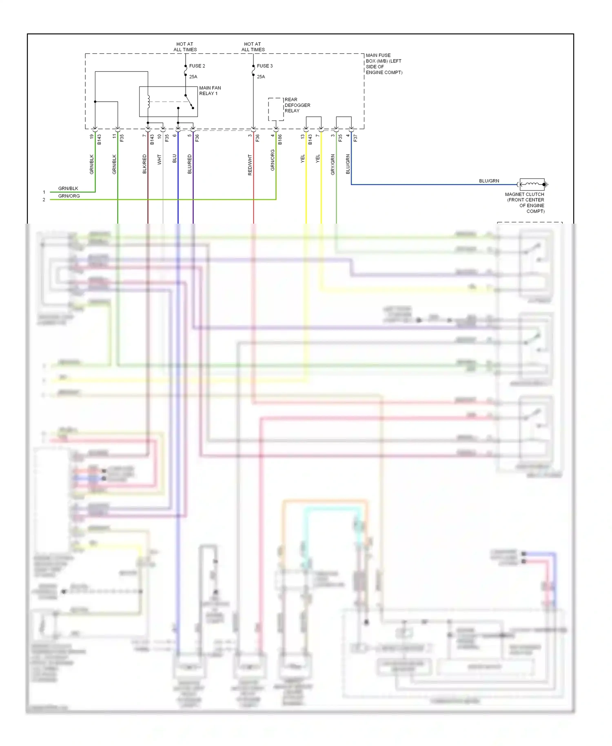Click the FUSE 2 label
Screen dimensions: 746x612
(197, 66)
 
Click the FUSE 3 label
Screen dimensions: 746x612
(264, 66)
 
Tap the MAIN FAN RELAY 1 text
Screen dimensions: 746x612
(210, 91)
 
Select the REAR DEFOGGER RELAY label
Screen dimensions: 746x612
(297, 105)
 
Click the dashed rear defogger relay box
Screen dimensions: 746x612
(276, 109)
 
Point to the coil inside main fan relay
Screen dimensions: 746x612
(149, 102)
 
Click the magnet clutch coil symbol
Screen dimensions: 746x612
(532, 184)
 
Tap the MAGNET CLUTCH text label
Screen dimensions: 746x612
(525, 202)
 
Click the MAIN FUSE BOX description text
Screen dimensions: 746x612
(384, 64)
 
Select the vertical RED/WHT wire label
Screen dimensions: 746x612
(250, 165)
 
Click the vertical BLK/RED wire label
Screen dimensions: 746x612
(144, 164)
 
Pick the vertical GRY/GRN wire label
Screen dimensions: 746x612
(333, 164)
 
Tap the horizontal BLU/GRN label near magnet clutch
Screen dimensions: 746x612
(489, 181)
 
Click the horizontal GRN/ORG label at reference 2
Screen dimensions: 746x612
(69, 196)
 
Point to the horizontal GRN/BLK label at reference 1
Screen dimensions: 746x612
(68, 189)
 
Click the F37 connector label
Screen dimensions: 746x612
(355, 138)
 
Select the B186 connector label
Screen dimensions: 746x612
(280, 140)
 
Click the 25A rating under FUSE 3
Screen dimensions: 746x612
(261, 77)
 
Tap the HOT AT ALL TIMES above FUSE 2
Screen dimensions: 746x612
(185, 47)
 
